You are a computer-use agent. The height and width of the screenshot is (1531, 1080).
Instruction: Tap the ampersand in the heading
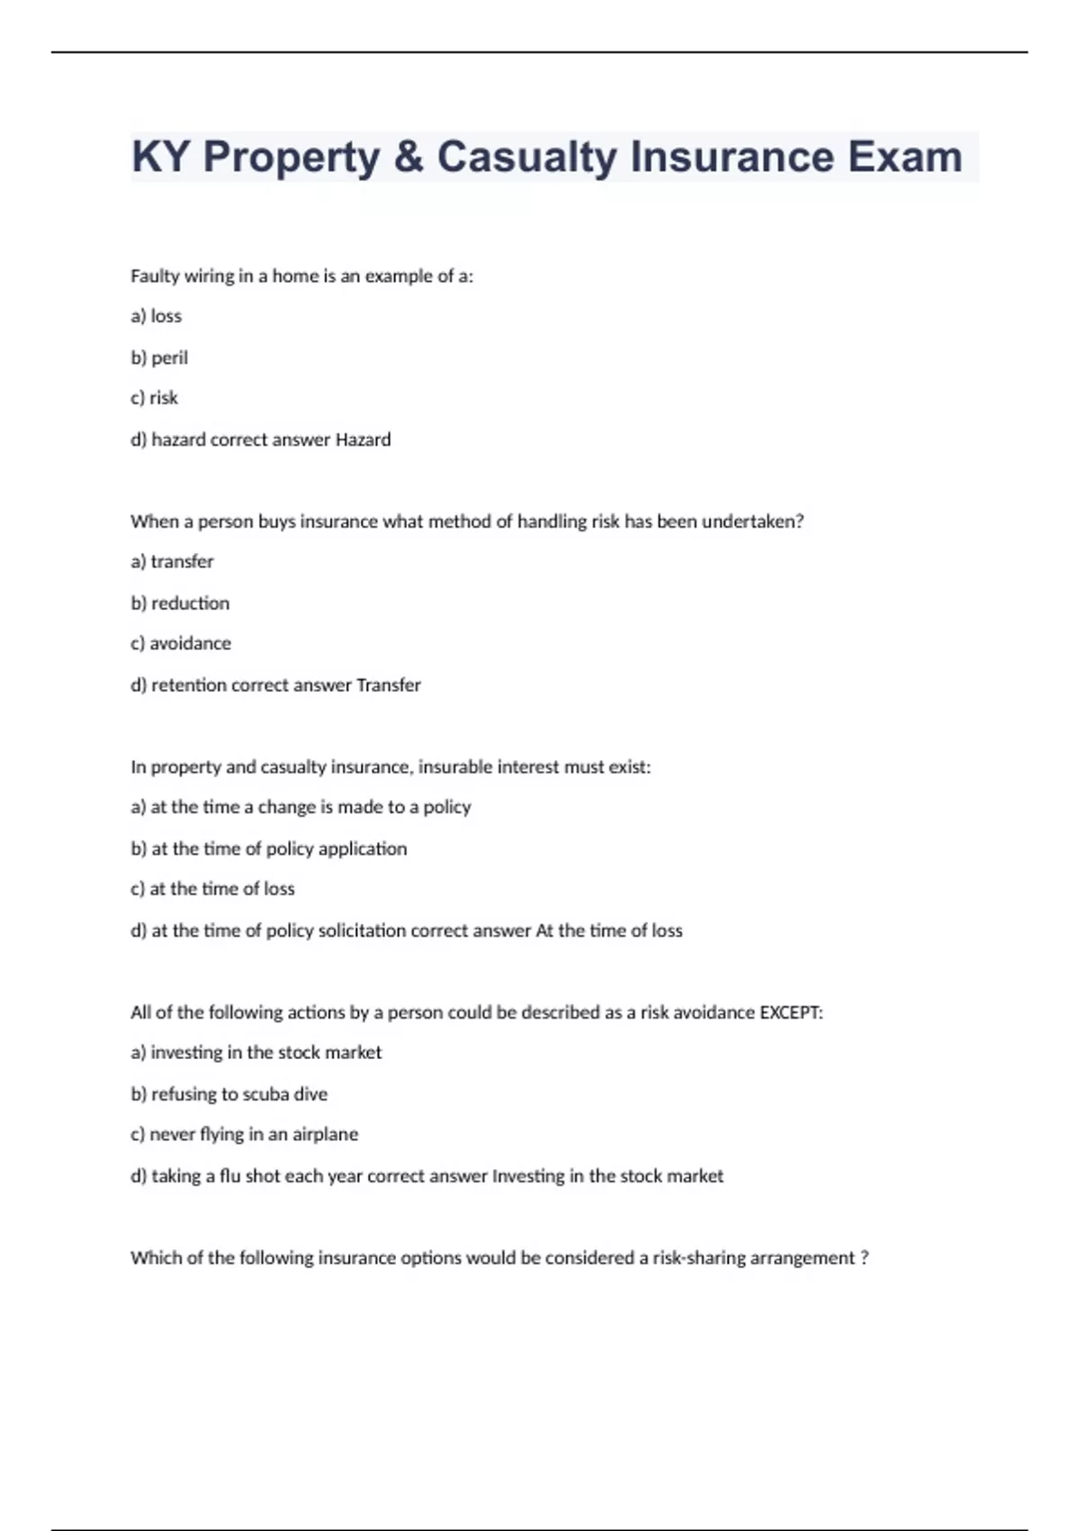[408, 158]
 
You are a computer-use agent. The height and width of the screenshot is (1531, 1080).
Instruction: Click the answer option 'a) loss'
[157, 316]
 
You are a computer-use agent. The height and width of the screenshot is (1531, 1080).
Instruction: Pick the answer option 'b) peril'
[159, 358]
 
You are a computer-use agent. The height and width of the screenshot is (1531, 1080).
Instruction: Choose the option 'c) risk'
[155, 398]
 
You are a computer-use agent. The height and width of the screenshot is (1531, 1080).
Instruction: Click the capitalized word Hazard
[363, 439]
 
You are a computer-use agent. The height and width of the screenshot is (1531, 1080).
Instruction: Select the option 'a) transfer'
[173, 562]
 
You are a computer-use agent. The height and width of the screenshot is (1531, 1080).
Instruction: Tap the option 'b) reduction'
[180, 603]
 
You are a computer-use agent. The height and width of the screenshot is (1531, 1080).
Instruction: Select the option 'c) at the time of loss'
[212, 889]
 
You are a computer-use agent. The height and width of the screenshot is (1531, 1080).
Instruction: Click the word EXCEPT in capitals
[791, 1012]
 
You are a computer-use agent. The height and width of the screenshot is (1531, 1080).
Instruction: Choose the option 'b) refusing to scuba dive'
[229, 1094]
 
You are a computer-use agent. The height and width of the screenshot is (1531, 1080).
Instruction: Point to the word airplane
[325, 1135]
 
